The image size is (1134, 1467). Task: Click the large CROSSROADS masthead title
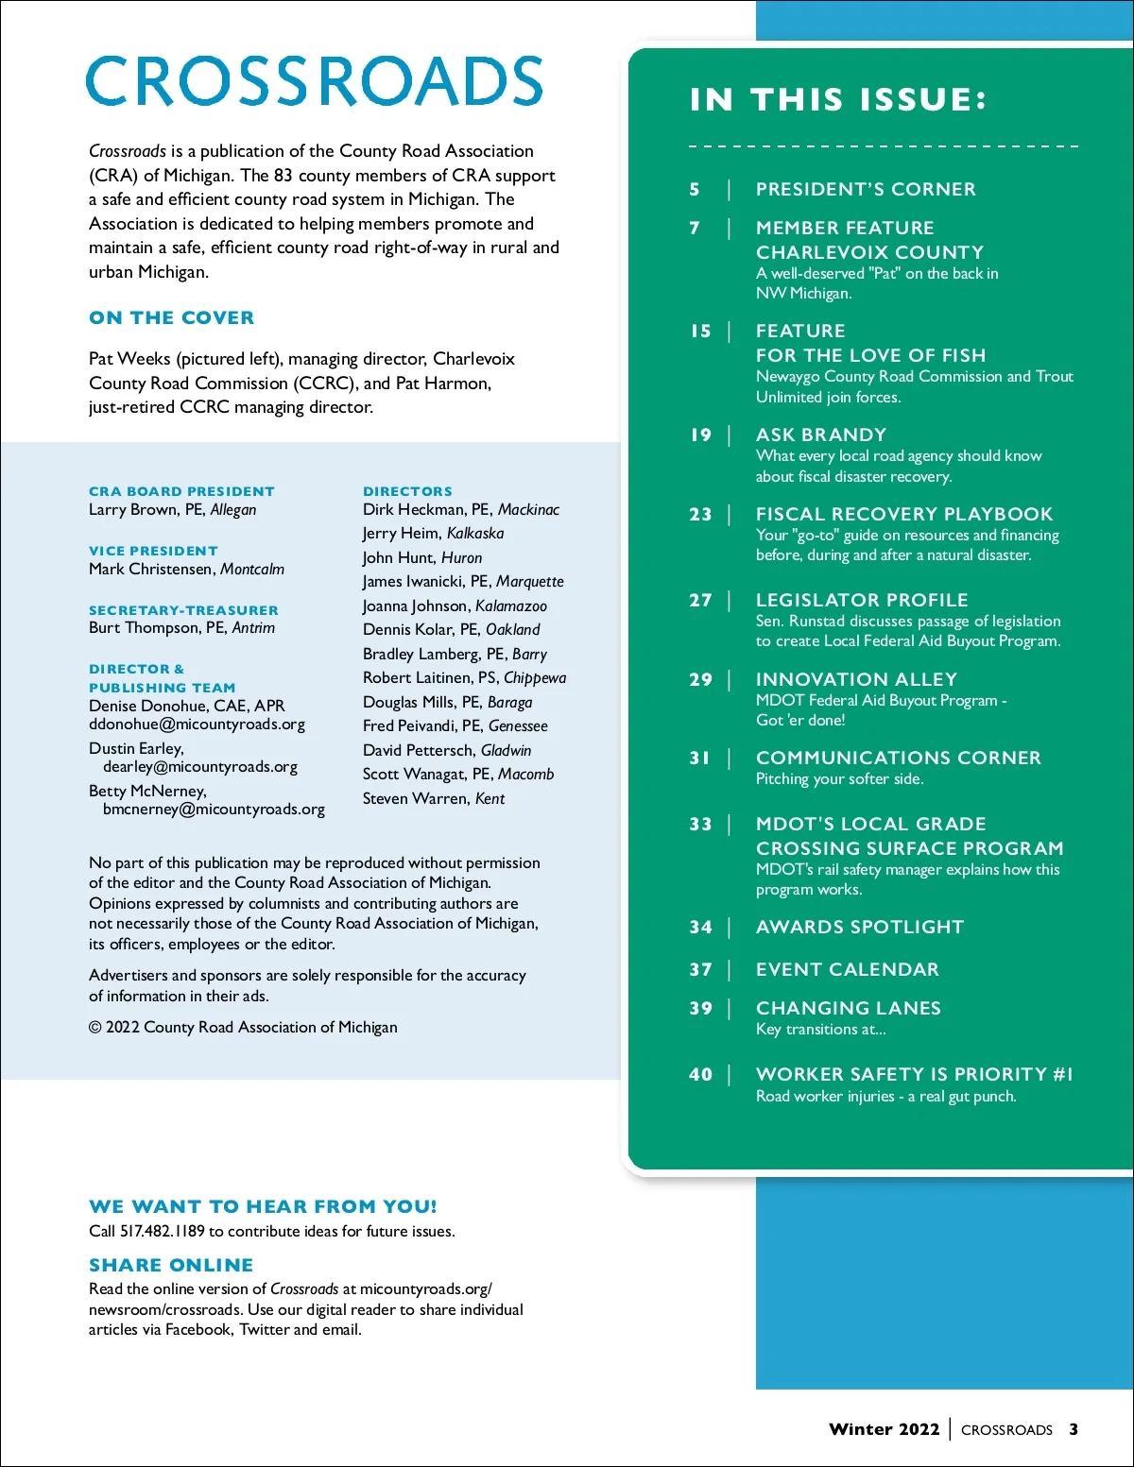coord(314,81)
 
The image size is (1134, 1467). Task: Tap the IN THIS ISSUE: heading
coord(838,100)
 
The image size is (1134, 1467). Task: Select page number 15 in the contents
coord(700,332)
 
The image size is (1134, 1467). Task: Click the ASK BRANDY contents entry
coord(820,435)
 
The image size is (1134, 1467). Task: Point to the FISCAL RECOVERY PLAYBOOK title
coord(903,514)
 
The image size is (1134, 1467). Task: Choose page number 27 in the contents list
coord(700,601)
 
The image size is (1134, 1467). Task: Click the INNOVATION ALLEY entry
coord(856,679)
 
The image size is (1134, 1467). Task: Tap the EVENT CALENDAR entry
coord(847,969)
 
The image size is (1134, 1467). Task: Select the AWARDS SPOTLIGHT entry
coord(859,927)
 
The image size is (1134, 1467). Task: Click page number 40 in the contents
coord(700,1075)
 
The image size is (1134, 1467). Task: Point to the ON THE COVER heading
coord(171,318)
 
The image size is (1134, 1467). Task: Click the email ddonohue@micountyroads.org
coord(197,725)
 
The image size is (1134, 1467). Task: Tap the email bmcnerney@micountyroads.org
coord(214,810)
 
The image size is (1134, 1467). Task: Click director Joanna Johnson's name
coord(416,606)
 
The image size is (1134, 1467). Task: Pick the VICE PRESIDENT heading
coord(153,551)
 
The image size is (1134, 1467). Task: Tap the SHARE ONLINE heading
coord(171,1265)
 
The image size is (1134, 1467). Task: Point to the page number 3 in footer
coord(1074,1429)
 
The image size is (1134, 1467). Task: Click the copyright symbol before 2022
coord(94,1028)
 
